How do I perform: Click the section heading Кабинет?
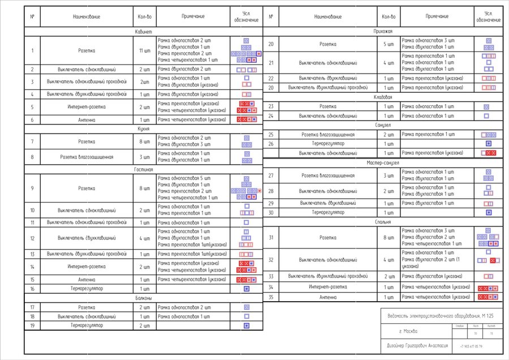coord(143,32)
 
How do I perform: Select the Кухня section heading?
coord(143,129)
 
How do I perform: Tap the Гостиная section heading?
coord(143,169)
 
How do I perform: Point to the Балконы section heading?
coord(143,298)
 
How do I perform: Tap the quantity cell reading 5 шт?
coord(389,44)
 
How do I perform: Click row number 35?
coord(271,297)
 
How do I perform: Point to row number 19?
coord(32,325)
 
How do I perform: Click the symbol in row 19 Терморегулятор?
coord(247,325)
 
